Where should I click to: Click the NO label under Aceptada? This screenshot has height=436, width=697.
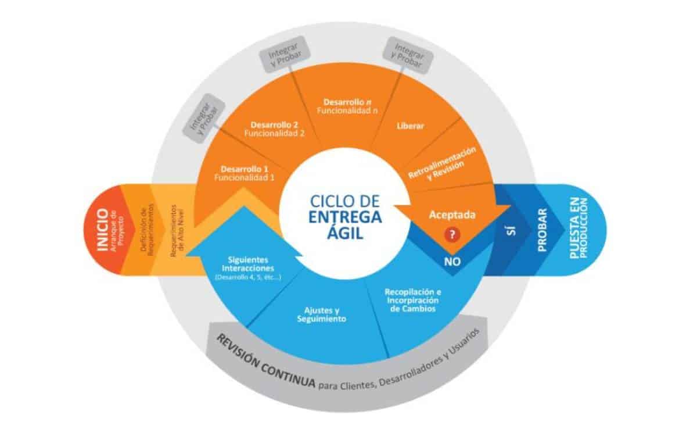click(x=452, y=261)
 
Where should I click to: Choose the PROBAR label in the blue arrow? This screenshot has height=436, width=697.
click(x=542, y=230)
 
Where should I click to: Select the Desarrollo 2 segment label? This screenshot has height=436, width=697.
click(x=274, y=128)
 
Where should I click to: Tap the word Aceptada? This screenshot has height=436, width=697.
click(x=452, y=215)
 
